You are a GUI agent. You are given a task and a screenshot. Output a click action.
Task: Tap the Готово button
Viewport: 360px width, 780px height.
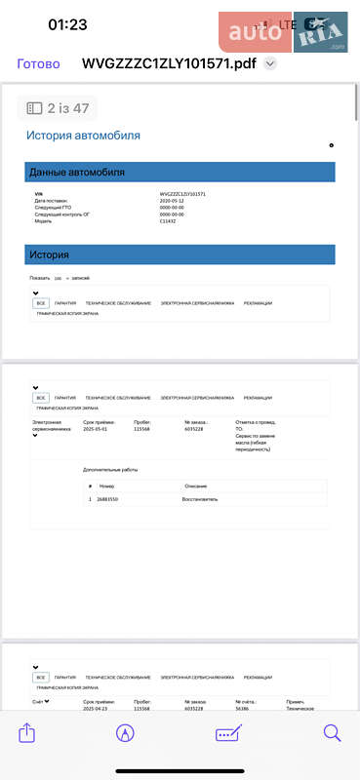(x=39, y=64)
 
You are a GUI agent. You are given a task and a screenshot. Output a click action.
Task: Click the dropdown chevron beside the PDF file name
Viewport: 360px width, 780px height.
(x=270, y=64)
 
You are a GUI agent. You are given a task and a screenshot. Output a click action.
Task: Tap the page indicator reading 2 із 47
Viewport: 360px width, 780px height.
(x=59, y=108)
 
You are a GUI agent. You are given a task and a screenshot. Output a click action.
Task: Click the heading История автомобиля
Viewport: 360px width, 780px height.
(x=83, y=136)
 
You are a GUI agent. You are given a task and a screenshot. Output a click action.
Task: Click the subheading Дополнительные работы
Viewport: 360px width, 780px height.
(x=110, y=470)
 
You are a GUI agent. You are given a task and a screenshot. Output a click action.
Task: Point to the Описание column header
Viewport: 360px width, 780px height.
(x=195, y=486)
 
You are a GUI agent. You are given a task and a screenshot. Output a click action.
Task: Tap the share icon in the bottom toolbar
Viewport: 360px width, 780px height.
(x=27, y=733)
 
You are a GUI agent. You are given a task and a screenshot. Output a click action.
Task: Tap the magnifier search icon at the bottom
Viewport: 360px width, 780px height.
(x=332, y=733)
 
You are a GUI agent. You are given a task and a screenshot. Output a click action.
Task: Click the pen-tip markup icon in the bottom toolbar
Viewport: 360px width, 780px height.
(x=125, y=733)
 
